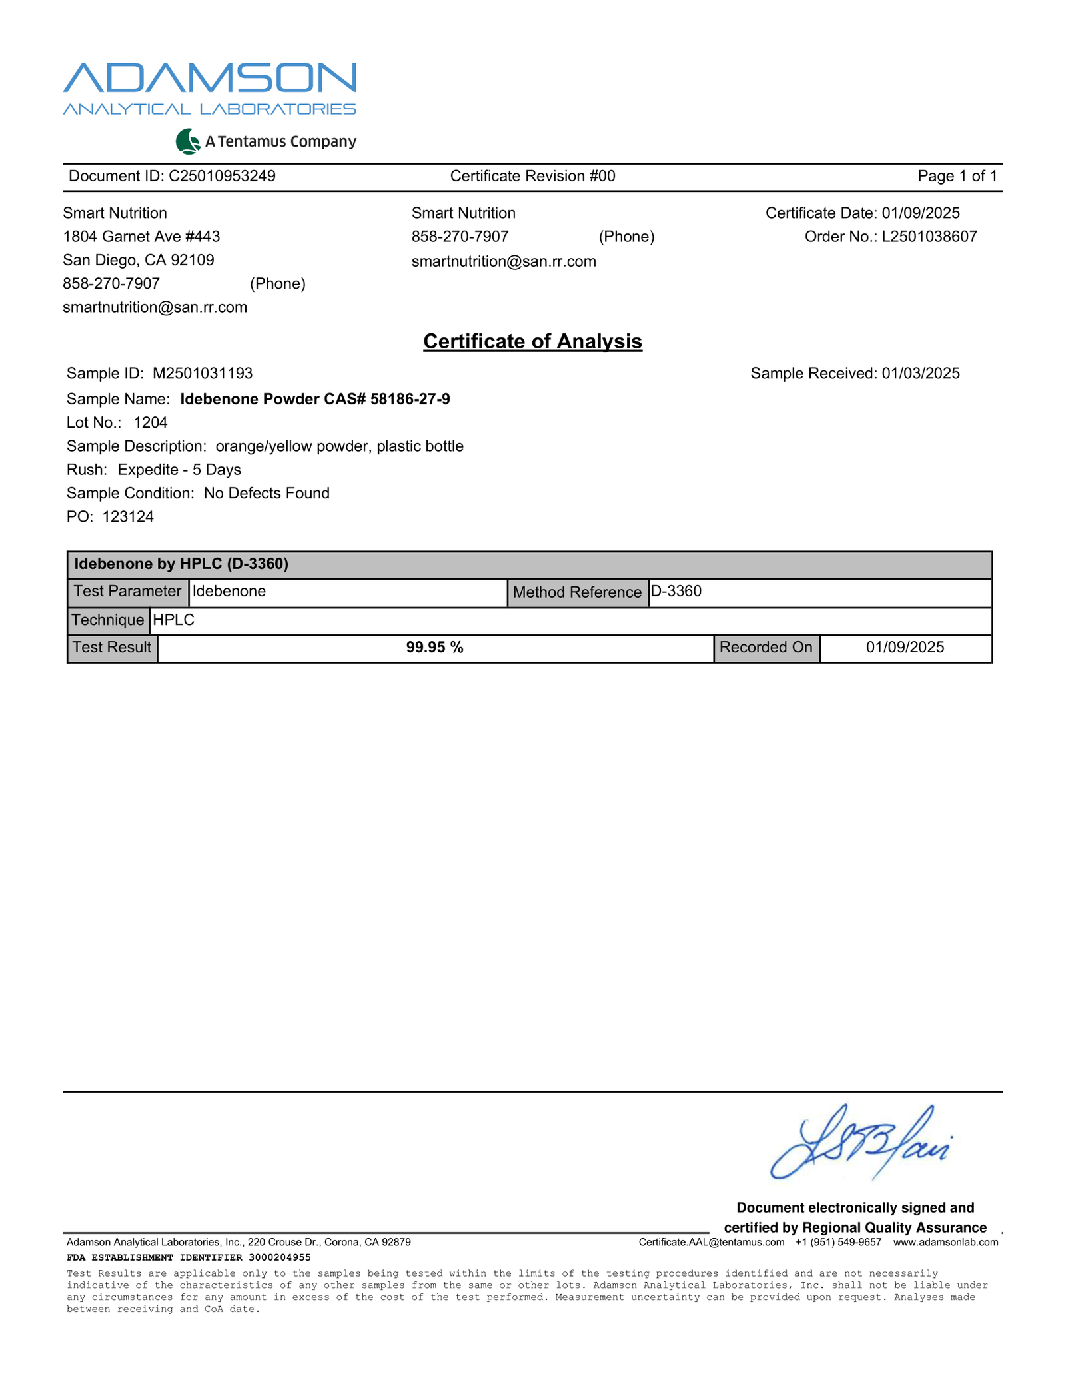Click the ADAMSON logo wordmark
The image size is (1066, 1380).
pyautogui.click(x=210, y=78)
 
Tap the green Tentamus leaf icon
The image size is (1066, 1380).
pyautogui.click(x=188, y=141)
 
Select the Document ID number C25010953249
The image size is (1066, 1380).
pyautogui.click(x=222, y=176)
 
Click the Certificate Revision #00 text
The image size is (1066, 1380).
pyautogui.click(x=532, y=176)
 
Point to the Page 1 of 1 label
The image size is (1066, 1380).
pyautogui.click(x=957, y=176)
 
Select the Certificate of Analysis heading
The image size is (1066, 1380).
pyautogui.click(x=532, y=341)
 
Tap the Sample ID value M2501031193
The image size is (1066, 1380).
pyautogui.click(x=203, y=373)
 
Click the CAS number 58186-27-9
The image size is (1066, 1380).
pyautogui.click(x=410, y=399)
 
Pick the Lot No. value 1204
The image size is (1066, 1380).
pyautogui.click(x=151, y=422)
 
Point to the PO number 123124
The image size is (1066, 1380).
pyautogui.click(x=128, y=517)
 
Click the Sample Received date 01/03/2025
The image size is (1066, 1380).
pyautogui.click(x=921, y=373)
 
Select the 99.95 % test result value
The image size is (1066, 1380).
pyautogui.click(x=434, y=648)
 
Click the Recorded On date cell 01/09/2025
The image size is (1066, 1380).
pyautogui.click(x=905, y=648)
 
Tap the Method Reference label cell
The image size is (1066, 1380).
pyautogui.click(x=577, y=592)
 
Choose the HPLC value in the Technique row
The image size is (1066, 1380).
pyautogui.click(x=174, y=620)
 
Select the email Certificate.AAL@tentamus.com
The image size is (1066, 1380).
pyautogui.click(x=711, y=1242)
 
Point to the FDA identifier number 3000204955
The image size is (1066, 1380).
pyautogui.click(x=279, y=1257)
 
